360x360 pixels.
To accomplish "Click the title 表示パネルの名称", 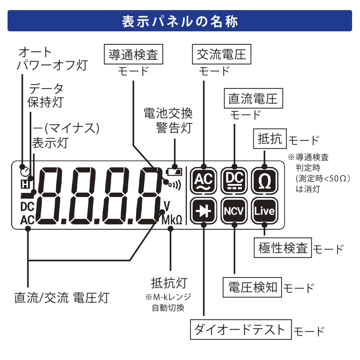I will pos(180,21).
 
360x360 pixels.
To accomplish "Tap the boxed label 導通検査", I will pos(133,55).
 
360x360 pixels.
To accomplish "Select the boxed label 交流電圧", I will pos(221,55).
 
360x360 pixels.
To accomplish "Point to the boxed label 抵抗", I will pos(270,139).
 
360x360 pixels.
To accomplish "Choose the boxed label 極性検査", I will pos(283,248).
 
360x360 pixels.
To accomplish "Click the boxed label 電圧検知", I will pos(252,287).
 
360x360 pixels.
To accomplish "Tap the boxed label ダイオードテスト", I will pos(240,329).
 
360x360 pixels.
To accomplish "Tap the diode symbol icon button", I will pos(204,211).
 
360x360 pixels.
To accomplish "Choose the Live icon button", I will pos(265,211).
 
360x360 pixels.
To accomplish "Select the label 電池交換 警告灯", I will pos(168,121).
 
